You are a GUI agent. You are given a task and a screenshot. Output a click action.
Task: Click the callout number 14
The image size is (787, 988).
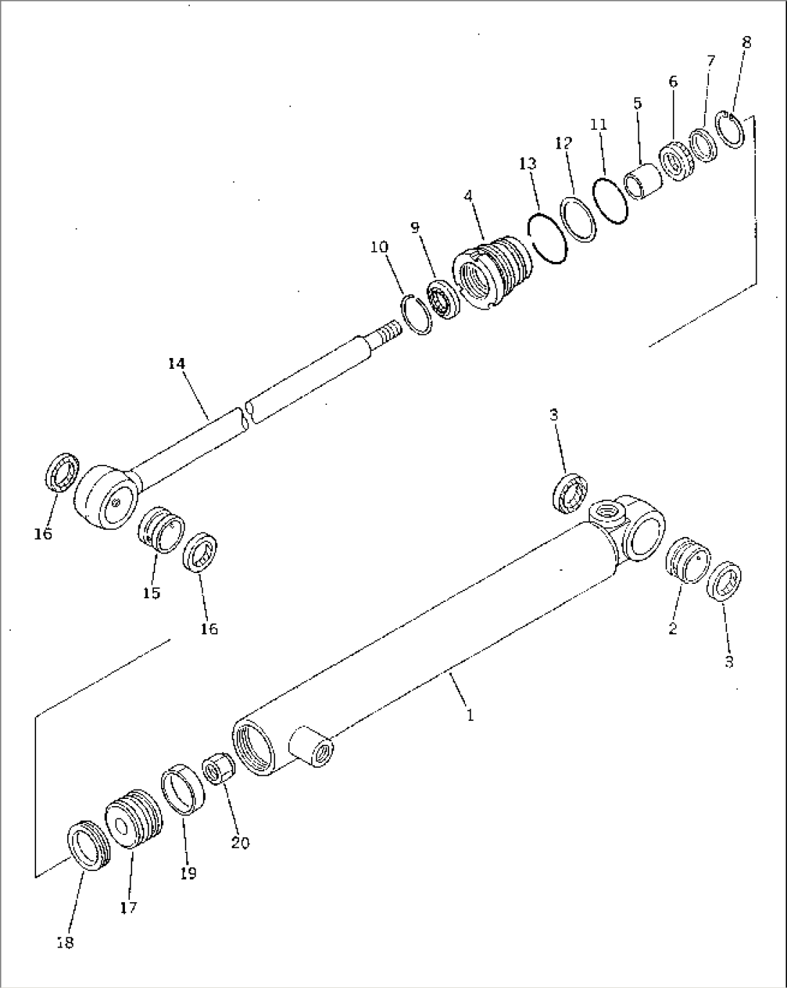[177, 364]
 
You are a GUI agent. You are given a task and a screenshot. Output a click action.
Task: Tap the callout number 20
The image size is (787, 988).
[240, 842]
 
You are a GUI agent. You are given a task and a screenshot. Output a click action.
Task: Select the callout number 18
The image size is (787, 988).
[65, 943]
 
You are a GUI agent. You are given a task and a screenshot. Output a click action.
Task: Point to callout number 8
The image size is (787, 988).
[746, 43]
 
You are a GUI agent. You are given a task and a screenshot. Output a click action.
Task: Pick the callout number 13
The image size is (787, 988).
[528, 164]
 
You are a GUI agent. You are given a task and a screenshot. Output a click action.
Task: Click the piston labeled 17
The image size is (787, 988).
[131, 819]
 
